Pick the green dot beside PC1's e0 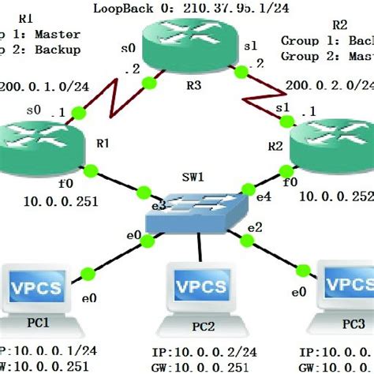[x=88, y=274]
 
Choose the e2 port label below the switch [x=254, y=229]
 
